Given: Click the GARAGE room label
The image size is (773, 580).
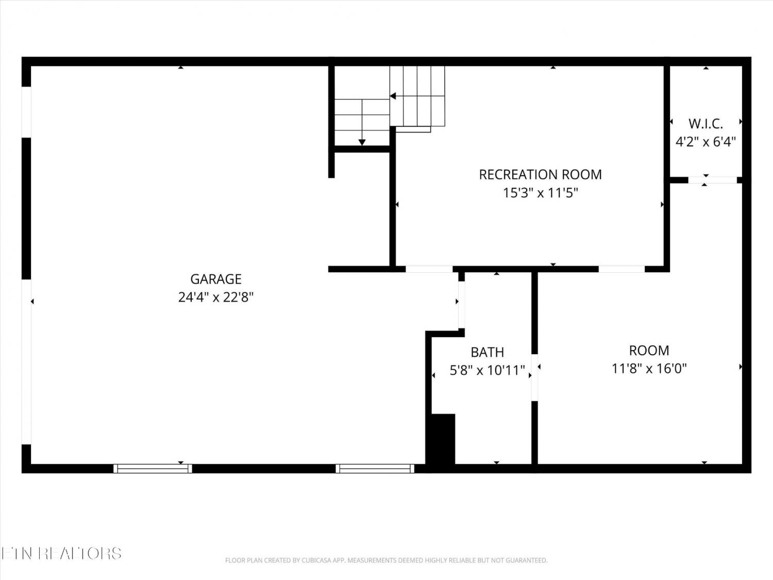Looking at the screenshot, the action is coord(216,279).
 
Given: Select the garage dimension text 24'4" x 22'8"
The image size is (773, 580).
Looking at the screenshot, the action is coord(216,297).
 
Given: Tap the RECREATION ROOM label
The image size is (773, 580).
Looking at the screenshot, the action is coord(540,175).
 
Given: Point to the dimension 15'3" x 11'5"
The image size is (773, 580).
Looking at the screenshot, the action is coord(540,193).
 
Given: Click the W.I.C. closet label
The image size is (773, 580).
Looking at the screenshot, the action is coord(705,124).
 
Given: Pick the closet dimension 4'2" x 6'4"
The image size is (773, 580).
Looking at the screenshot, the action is coord(705,142).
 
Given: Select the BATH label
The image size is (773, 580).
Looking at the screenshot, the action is coord(488,352).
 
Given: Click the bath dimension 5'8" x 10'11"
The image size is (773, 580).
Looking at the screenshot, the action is coord(488,371).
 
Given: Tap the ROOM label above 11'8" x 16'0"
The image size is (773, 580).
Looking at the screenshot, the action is coord(649,351).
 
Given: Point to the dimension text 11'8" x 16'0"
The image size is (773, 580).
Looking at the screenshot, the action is coord(649,369).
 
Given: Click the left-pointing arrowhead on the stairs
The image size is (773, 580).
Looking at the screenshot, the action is coord(393,96).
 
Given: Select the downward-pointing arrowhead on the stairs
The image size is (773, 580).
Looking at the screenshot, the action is coord(362,142).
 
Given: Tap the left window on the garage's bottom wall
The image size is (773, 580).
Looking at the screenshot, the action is coord(153,468).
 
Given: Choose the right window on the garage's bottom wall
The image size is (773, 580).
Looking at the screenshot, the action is coord(375,468).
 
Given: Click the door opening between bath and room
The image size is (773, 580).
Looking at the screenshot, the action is coord(534,377).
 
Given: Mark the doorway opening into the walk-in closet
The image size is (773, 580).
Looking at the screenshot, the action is coord(712,180).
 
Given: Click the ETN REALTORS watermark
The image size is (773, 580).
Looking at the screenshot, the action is coord(61,553).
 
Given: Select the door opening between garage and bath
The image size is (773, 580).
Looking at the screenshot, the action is coord(461,305).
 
